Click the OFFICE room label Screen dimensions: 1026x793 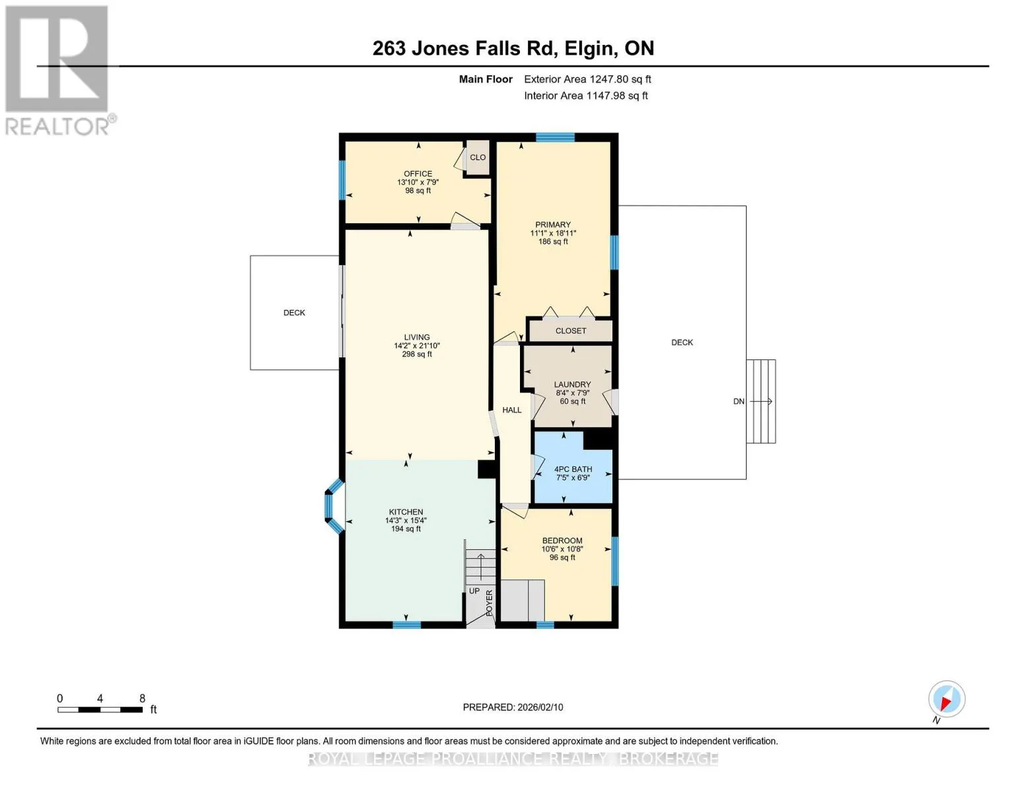click(418, 174)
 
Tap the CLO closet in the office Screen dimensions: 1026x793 click(478, 157)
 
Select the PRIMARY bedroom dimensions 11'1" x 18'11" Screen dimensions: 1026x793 click(553, 233)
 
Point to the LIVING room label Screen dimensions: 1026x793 click(417, 337)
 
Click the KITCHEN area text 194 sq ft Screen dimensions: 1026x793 click(406, 529)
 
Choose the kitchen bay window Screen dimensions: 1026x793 click(334, 506)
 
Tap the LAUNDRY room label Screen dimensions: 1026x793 click(572, 385)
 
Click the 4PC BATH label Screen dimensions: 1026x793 click(573, 469)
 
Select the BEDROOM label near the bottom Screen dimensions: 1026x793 click(562, 541)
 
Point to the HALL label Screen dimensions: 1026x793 click(512, 410)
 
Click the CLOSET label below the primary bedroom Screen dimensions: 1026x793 click(571, 330)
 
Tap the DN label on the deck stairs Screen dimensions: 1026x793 click(739, 402)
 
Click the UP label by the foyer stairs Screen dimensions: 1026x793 click(474, 591)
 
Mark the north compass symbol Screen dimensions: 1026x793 click(946, 700)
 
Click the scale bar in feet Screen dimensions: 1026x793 click(100, 710)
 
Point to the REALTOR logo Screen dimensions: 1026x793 click(59, 70)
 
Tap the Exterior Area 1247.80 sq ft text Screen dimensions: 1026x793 click(587, 79)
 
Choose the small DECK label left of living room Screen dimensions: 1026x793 click(294, 313)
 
